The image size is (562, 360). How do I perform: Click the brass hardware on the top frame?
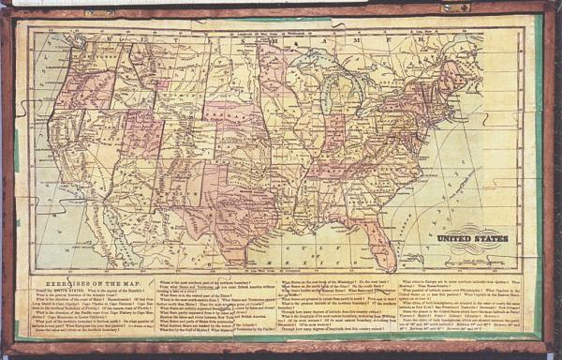[457, 7]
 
